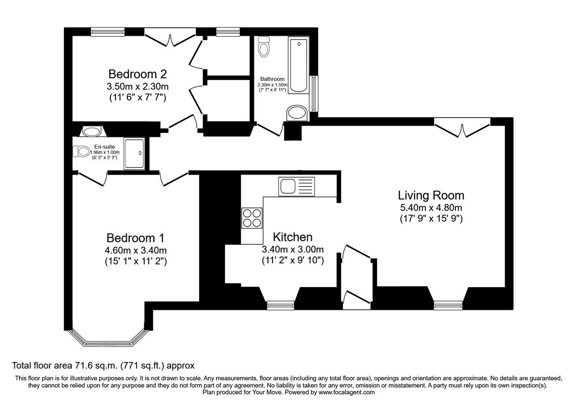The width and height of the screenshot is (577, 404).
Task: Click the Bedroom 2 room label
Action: coord(138,74)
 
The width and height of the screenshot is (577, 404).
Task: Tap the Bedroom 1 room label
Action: coord(136,238)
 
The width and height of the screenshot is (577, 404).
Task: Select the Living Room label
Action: coord(431,195)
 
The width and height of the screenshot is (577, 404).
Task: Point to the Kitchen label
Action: coord(293,237)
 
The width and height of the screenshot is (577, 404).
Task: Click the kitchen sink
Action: coord(297,187)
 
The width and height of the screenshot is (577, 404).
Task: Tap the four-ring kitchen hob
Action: coord(252,218)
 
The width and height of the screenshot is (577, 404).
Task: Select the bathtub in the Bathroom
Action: coord(299,65)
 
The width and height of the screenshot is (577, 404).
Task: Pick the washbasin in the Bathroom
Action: coord(297,113)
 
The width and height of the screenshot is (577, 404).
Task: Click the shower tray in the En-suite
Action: coord(134,153)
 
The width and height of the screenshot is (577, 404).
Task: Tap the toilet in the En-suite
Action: coord(81,151)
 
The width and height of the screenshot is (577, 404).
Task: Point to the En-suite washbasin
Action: coord(93,131)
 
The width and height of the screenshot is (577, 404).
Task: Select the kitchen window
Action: coord(280,305)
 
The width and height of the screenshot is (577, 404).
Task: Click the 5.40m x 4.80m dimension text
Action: coord(431,208)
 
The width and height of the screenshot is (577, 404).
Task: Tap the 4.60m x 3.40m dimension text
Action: coord(136,251)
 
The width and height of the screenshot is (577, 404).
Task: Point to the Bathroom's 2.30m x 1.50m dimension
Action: coord(272,85)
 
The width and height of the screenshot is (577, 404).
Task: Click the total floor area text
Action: coord(103,366)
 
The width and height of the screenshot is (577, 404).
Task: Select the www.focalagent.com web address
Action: coord(347,392)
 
